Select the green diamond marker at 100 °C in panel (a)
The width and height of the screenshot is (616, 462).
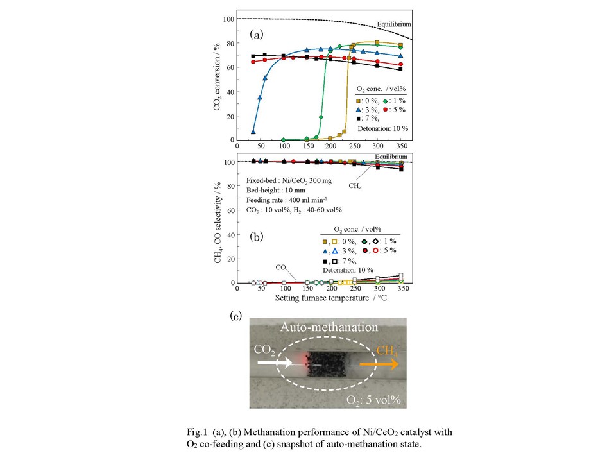coord(284,139)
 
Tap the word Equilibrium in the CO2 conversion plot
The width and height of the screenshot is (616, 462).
coord(389,24)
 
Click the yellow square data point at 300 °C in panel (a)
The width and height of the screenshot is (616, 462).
coord(377,43)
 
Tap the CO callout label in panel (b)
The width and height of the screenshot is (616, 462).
coord(281,268)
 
